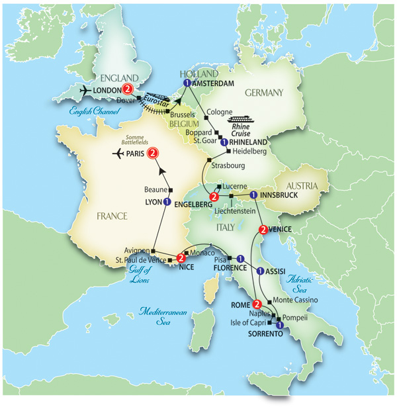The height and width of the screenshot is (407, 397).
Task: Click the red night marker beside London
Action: click(x=128, y=91)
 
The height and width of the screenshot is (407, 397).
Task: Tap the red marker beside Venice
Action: click(x=263, y=230)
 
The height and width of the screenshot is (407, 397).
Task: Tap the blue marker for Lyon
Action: click(x=167, y=202)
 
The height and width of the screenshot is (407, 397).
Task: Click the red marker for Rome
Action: click(x=256, y=305)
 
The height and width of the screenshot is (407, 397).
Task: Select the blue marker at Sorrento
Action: click(x=280, y=326)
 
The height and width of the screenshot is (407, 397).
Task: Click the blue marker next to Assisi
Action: click(x=260, y=270)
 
